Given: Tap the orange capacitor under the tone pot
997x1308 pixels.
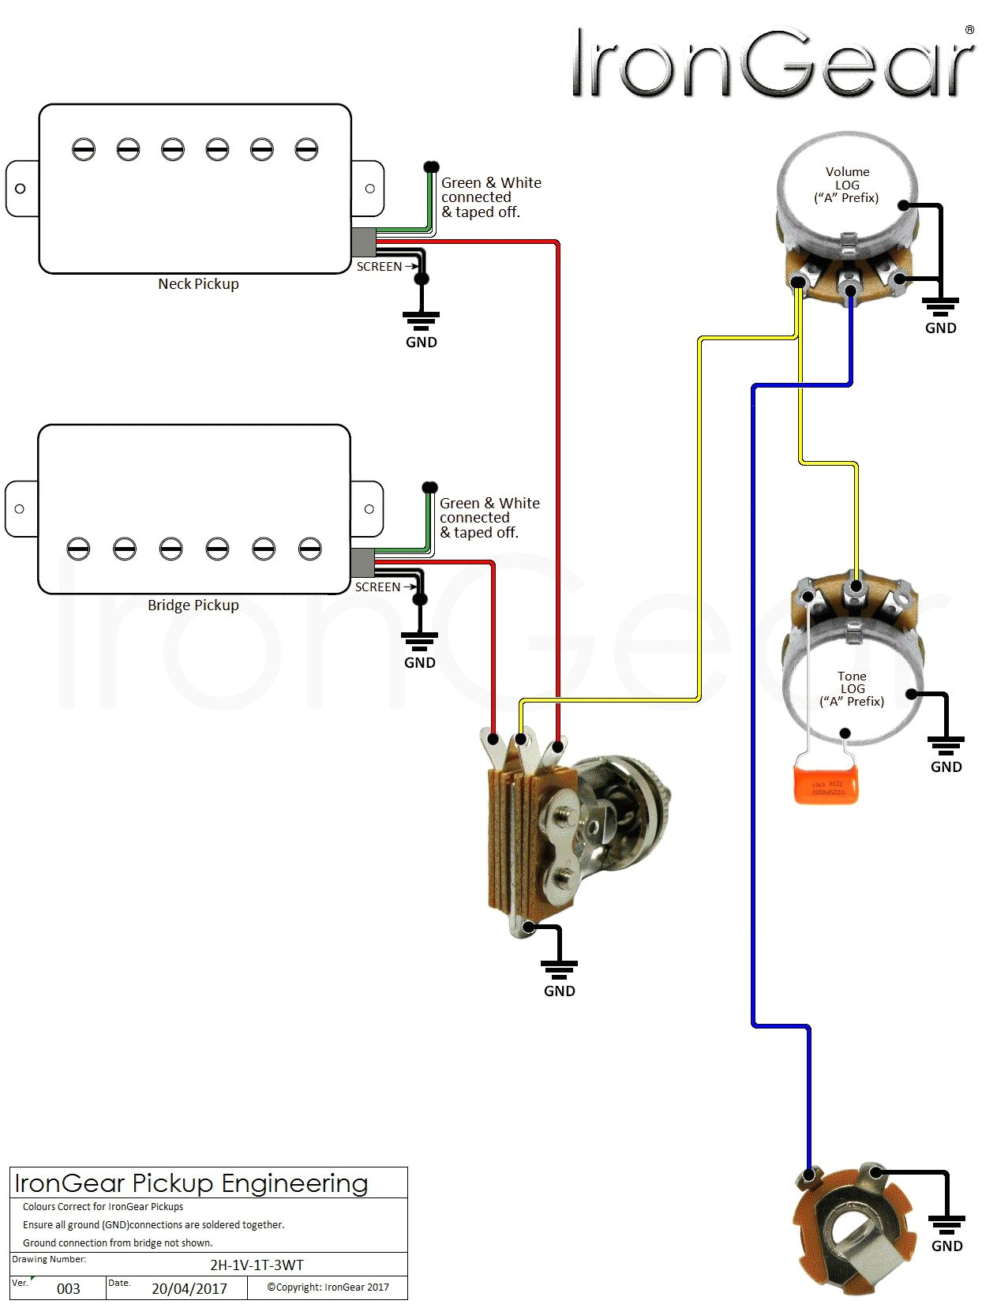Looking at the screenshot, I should (x=826, y=782).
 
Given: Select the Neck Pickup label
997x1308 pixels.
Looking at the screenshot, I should (x=198, y=284).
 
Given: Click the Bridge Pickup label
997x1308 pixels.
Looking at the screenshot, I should (x=193, y=605).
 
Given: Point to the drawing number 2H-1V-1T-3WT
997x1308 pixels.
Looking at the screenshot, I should (x=257, y=1265).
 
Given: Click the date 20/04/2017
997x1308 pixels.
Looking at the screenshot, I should (x=189, y=1288).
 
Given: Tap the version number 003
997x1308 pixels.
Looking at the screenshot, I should (x=69, y=1288).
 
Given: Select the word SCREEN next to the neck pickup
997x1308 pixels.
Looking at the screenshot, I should (x=379, y=267).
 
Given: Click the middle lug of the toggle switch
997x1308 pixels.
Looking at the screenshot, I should (x=521, y=740).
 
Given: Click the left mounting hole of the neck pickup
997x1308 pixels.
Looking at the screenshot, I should (x=21, y=189).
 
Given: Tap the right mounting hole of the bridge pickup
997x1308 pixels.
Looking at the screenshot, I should (x=369, y=509).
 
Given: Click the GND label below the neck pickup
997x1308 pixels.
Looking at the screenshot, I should (x=421, y=342).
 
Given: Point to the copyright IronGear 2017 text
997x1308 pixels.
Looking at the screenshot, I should (x=328, y=1287).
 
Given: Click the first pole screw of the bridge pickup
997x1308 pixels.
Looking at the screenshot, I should (x=78, y=549).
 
